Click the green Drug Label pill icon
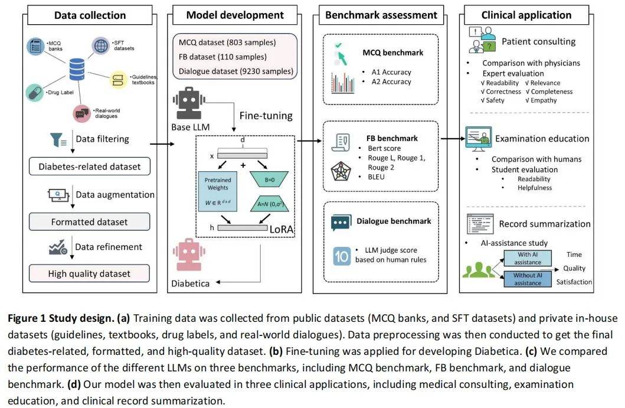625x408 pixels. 34,93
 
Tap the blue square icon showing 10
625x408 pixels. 341,256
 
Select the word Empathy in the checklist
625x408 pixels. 543,100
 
